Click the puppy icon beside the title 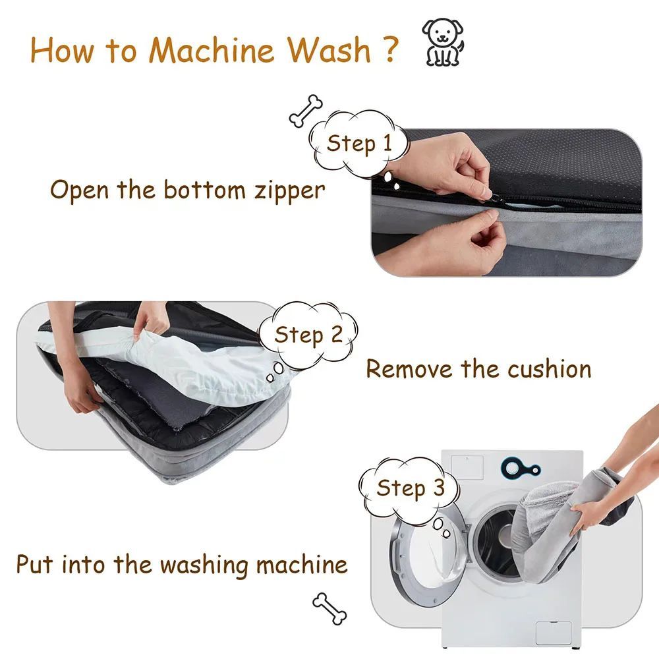pos(442,42)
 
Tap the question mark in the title pos(389,49)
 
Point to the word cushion pos(546,369)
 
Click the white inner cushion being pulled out pos(198,359)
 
